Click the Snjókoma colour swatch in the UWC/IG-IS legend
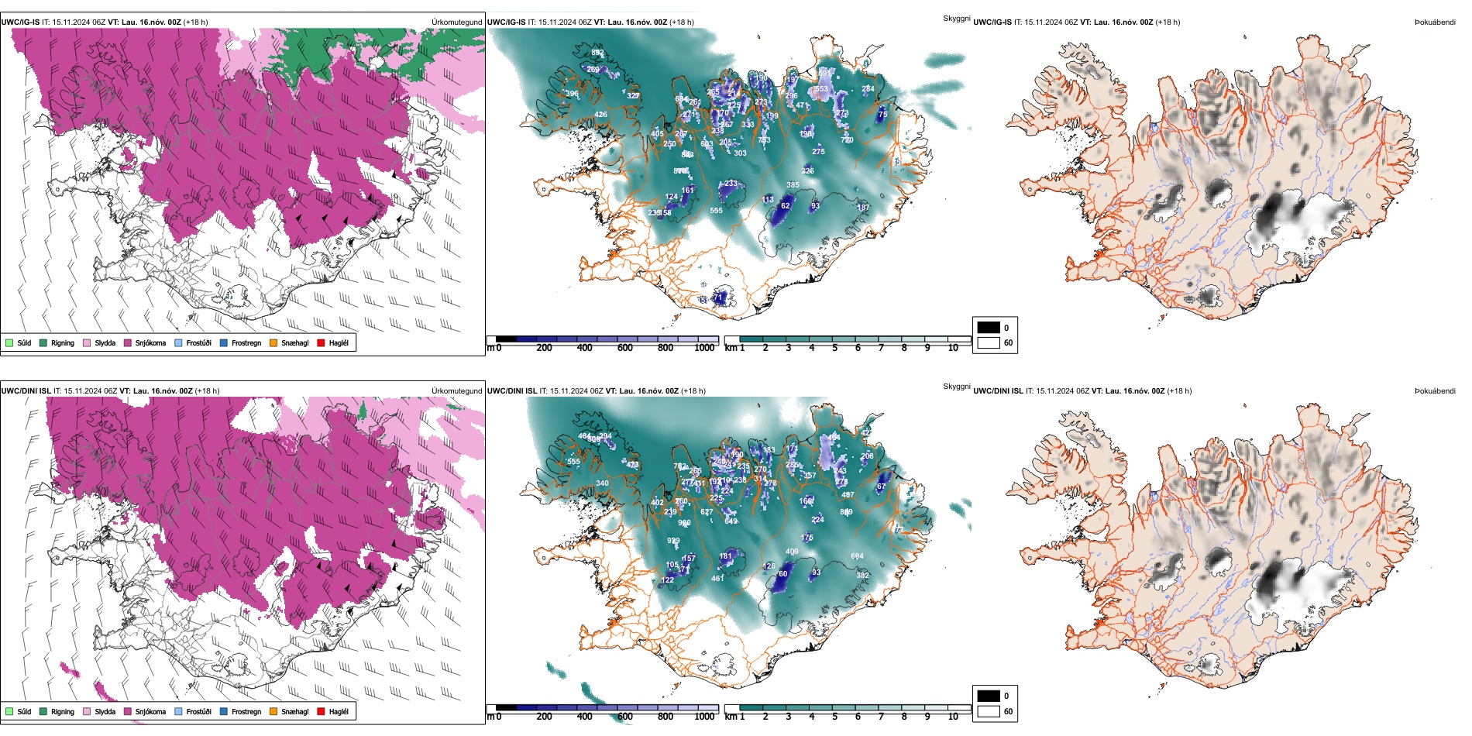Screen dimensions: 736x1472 point(127,342)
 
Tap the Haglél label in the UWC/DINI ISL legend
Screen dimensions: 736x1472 point(339,711)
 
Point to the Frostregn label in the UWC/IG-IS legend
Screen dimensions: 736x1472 point(246,342)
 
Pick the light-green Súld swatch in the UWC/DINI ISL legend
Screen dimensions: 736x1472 point(9,711)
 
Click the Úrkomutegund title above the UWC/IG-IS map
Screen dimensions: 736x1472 point(457,22)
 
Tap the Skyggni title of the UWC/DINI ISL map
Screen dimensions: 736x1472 point(956,387)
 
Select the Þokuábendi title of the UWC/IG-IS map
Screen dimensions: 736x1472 point(1435,22)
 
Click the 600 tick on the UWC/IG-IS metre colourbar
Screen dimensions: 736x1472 point(625,348)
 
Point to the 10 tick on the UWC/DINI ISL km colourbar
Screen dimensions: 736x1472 point(953,717)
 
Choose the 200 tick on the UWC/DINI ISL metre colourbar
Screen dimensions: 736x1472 point(545,717)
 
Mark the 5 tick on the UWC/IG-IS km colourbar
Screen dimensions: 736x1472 point(834,348)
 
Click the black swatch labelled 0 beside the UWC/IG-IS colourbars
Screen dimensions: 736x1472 point(989,328)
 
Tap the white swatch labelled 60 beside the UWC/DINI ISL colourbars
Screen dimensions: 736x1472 point(989,711)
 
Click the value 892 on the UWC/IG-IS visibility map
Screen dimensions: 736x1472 point(597,53)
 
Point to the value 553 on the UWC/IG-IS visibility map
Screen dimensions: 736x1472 point(821,89)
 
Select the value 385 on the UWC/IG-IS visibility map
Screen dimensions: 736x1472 point(793,185)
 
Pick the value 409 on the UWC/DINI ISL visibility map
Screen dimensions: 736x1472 point(792,552)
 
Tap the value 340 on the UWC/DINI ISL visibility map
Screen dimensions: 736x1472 point(602,483)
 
